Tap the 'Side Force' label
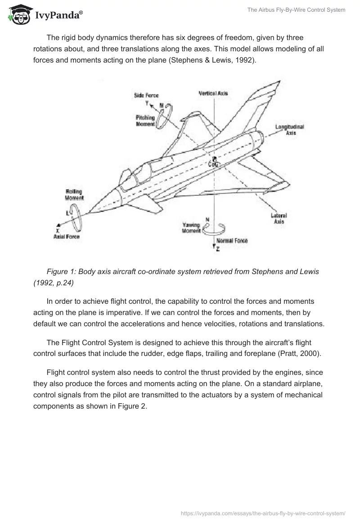[146, 95]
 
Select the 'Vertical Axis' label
[214, 93]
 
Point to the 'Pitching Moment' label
[145, 121]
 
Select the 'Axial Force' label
[66, 237]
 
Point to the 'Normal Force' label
[232, 241]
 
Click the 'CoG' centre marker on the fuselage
[214, 164]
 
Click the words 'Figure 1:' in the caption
[61, 272]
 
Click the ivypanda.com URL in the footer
[262, 513]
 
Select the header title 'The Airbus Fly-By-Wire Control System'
[296, 10]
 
